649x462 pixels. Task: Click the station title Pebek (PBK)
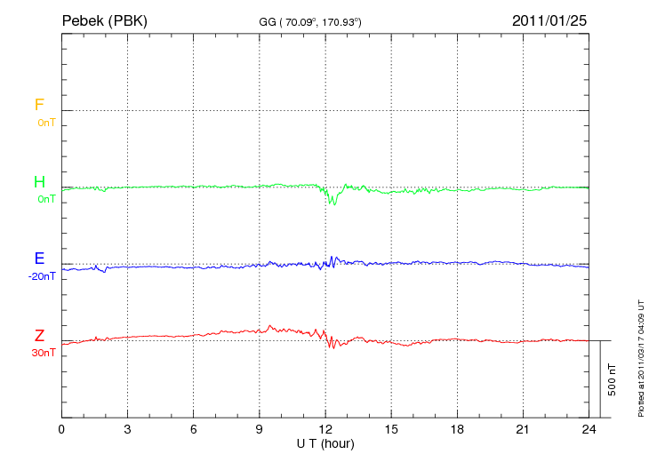(x=105, y=20)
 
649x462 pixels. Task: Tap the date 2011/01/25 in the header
(x=549, y=20)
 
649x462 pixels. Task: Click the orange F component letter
(x=39, y=106)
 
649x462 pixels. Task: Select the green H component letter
(x=39, y=183)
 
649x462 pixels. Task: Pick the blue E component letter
(x=39, y=259)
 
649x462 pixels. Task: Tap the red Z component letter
(x=39, y=336)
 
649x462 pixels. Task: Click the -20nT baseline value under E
(x=42, y=276)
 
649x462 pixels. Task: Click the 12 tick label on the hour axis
(x=325, y=429)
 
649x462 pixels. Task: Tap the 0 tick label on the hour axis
(x=61, y=429)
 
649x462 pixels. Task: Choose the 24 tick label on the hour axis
(x=589, y=429)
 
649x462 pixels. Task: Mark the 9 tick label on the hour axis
(x=260, y=429)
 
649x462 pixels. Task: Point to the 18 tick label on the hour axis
(x=457, y=429)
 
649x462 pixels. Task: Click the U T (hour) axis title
(x=325, y=442)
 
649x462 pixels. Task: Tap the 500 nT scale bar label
(x=613, y=379)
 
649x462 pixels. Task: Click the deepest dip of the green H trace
(x=332, y=204)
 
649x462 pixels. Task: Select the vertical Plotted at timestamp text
(x=640, y=355)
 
